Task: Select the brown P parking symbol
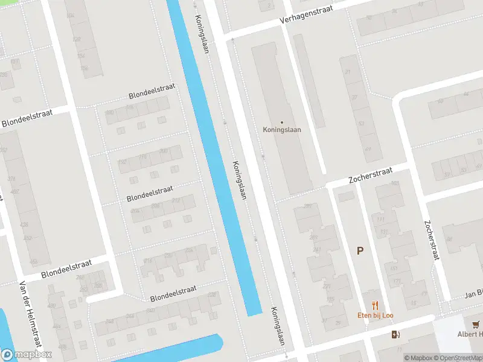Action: click(360, 251)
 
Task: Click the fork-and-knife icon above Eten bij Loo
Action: click(375, 306)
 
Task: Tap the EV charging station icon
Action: click(395, 335)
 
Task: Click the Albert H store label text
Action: click(470, 334)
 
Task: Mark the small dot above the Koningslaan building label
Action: click(281, 122)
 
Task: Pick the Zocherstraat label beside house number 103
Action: click(370, 176)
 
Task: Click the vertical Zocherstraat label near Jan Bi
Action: click(432, 240)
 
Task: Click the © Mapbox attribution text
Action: click(418, 358)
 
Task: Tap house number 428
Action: click(25, 224)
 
